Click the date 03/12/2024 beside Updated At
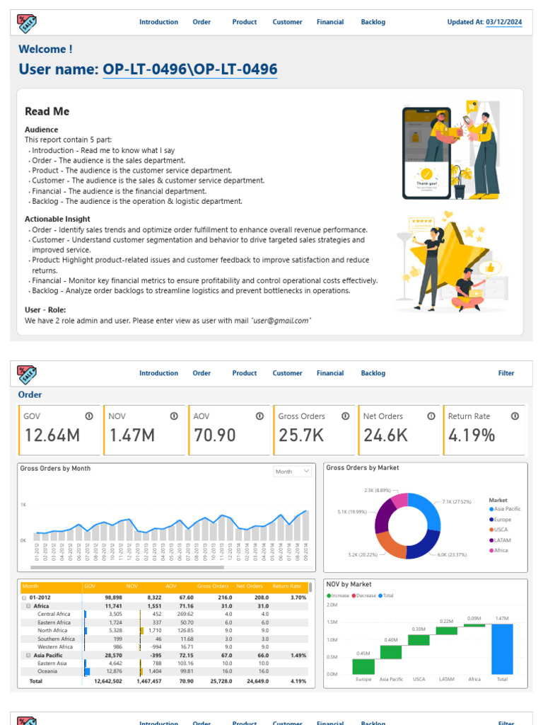[504, 22]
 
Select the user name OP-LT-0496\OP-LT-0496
[189, 69]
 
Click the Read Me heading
[47, 111]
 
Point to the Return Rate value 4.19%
[471, 435]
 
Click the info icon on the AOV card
[259, 416]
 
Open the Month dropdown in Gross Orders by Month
[293, 471]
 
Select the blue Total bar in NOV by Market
[502, 649]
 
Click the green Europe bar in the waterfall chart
[363, 666]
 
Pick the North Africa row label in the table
[52, 630]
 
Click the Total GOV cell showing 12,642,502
[107, 681]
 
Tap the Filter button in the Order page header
[506, 373]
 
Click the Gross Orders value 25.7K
[301, 435]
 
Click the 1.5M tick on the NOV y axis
[332, 622]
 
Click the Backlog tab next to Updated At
[373, 22]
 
